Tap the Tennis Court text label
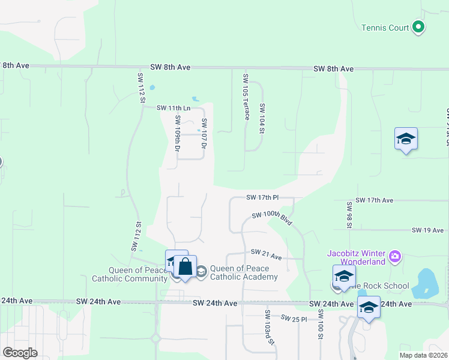pyautogui.click(x=385, y=28)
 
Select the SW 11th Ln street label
pyautogui.click(x=173, y=108)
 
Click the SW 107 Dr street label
pyautogui.click(x=204, y=133)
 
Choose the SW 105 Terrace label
pyautogui.click(x=246, y=97)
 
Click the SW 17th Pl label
pyautogui.click(x=262, y=197)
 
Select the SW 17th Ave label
pyautogui.click(x=374, y=200)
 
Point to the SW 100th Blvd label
pyautogui.click(x=272, y=219)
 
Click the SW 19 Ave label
pyautogui.click(x=427, y=230)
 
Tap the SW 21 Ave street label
pyautogui.click(x=266, y=254)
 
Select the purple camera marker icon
pyautogui.click(x=394, y=257)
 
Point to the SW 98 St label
pyautogui.click(x=349, y=215)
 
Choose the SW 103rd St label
pyautogui.click(x=270, y=327)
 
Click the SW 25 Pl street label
pyautogui.click(x=294, y=318)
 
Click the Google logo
pyautogui.click(x=20, y=353)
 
